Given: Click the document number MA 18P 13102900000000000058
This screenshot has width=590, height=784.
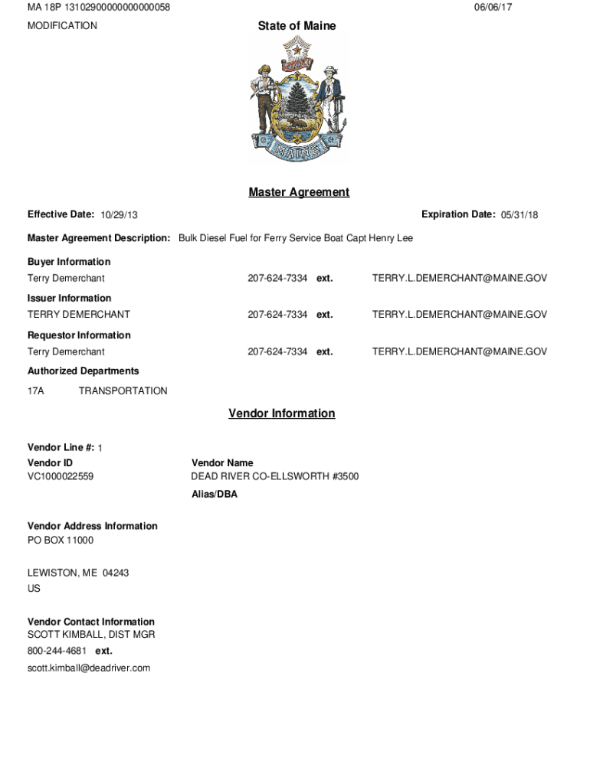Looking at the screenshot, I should click(x=99, y=8).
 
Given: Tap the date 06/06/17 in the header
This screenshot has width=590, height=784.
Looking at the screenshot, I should click(x=493, y=8).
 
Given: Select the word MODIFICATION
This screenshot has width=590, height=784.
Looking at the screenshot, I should click(x=62, y=26).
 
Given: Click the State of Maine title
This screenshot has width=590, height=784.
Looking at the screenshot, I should click(x=297, y=26).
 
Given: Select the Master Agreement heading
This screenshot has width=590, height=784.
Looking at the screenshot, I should click(x=299, y=192).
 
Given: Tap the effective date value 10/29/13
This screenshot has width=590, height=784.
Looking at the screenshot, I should click(x=119, y=215).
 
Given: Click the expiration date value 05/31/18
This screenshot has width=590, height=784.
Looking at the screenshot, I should click(x=520, y=215).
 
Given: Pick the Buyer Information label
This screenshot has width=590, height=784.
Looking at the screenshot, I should click(x=69, y=262).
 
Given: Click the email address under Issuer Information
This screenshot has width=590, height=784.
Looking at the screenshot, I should click(x=460, y=315).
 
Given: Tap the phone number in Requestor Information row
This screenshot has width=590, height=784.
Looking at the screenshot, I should click(x=277, y=352).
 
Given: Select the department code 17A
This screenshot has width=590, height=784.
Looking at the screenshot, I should click(x=36, y=391).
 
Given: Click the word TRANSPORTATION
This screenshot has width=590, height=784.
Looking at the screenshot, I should click(x=123, y=391).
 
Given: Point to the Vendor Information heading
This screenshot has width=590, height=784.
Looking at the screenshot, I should click(x=281, y=413).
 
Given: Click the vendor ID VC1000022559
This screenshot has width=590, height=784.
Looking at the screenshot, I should click(x=61, y=477).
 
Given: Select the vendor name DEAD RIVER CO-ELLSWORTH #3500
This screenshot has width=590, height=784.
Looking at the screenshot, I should click(x=274, y=477).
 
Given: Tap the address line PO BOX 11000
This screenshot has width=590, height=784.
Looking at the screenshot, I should click(x=61, y=541).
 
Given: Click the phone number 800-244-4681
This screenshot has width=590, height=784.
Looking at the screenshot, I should click(x=57, y=651).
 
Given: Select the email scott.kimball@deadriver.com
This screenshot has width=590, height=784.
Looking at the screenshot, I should click(x=89, y=668).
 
